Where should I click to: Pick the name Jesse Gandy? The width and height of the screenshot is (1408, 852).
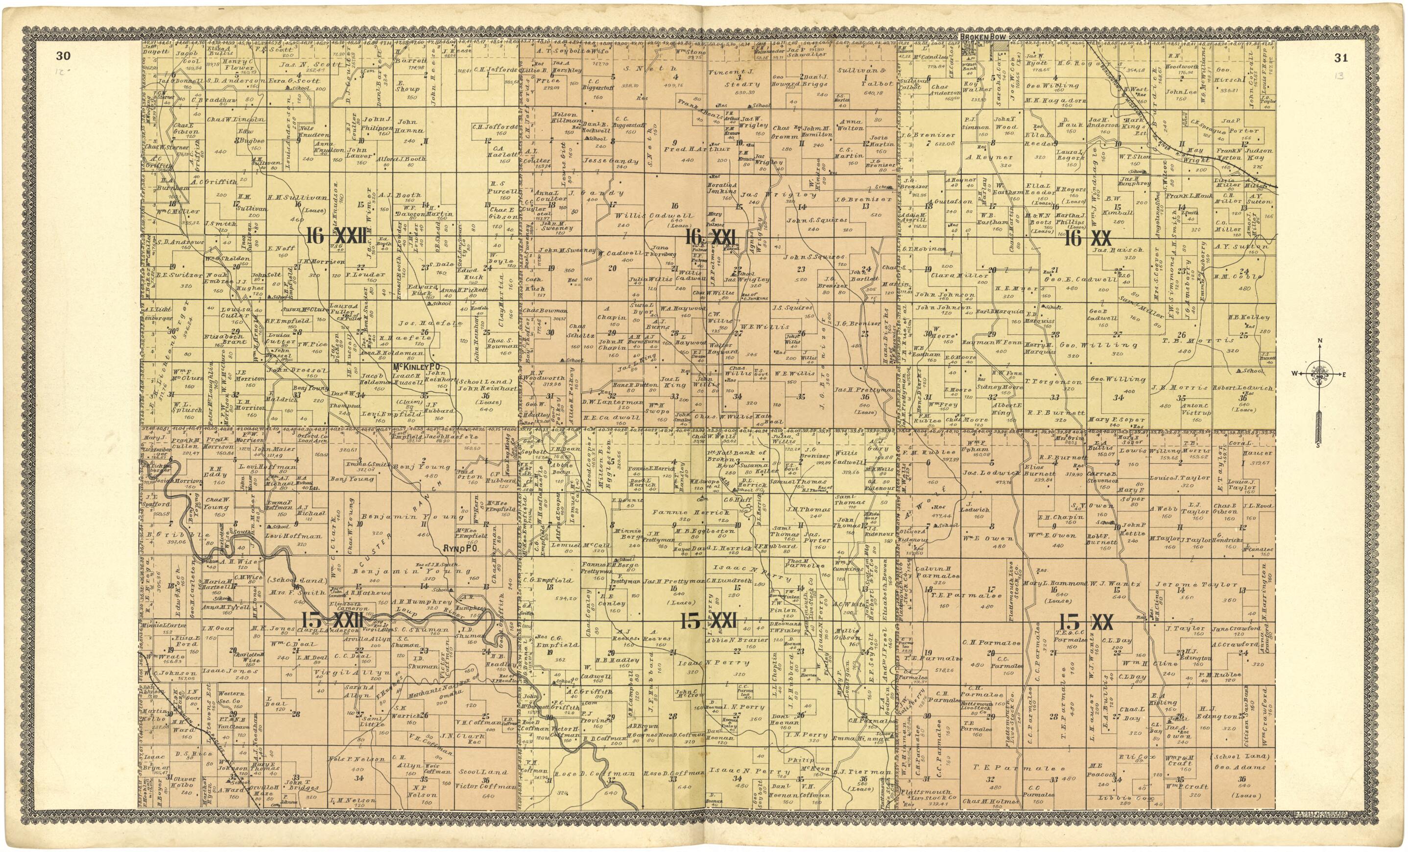[610, 161]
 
